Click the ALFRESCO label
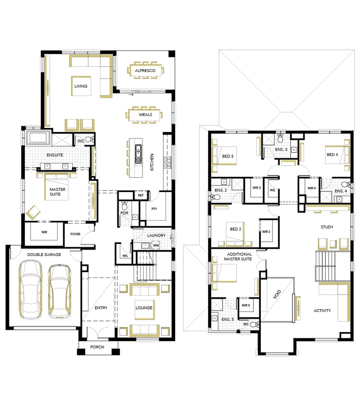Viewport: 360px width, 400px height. click(x=145, y=71)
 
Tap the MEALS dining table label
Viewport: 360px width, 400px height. click(x=145, y=115)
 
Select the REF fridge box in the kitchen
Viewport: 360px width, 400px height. click(x=141, y=196)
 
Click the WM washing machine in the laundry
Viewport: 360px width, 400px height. click(x=156, y=245)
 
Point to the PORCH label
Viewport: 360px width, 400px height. click(x=97, y=347)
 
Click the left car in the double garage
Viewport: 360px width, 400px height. click(x=31, y=289)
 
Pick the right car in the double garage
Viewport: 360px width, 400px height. click(x=60, y=291)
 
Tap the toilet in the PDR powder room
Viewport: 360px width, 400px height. click(x=124, y=205)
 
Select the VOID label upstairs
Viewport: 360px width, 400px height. click(x=277, y=294)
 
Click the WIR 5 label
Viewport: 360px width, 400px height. click(x=246, y=305)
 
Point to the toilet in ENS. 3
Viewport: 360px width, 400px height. click(x=280, y=138)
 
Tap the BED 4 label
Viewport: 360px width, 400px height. click(x=332, y=155)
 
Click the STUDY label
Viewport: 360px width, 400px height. click(x=327, y=227)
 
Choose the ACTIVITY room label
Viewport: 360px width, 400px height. click(x=322, y=311)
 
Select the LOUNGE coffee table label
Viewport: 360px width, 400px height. click(x=144, y=308)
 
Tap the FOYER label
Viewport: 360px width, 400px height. click(x=75, y=234)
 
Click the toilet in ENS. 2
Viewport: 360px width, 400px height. click(x=216, y=197)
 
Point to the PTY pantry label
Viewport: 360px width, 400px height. click(x=154, y=209)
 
